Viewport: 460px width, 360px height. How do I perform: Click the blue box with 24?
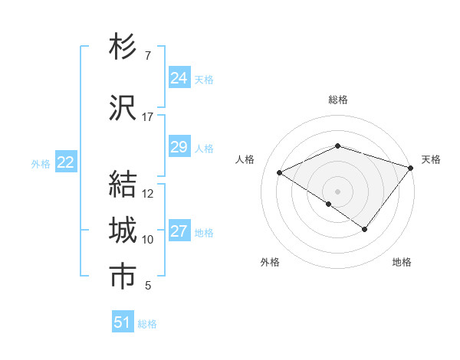click(179, 77)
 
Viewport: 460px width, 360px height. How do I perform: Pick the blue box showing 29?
click(179, 147)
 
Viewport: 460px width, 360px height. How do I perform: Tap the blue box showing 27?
click(179, 231)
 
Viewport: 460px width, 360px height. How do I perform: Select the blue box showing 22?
click(65, 162)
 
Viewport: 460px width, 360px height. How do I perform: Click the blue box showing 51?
click(123, 322)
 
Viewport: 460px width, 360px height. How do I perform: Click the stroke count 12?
click(148, 194)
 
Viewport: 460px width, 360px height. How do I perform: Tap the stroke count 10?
click(148, 240)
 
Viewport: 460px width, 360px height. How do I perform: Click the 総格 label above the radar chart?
click(337, 100)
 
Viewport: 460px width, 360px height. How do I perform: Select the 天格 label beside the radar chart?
click(431, 159)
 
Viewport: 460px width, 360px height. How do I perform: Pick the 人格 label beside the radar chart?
click(245, 159)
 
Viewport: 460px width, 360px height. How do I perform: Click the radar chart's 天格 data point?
click(412, 167)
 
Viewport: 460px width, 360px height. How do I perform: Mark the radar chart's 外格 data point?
click(328, 204)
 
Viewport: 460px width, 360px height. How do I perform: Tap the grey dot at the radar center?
click(337, 191)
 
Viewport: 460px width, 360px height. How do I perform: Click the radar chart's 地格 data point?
click(365, 229)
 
